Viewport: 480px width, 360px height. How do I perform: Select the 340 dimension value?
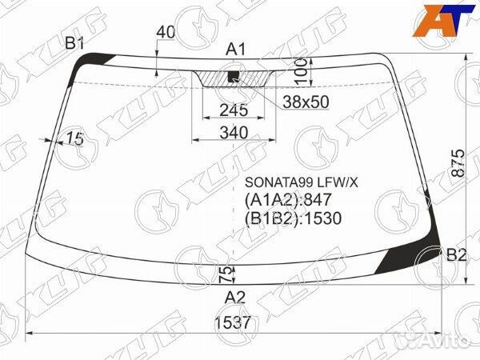tap(234, 133)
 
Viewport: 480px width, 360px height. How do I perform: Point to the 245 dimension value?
tap(234, 110)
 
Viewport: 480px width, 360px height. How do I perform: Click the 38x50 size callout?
tap(305, 102)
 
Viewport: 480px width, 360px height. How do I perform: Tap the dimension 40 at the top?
tap(165, 32)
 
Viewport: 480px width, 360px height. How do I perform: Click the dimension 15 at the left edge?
tap(75, 138)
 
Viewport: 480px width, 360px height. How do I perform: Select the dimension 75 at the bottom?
tap(226, 274)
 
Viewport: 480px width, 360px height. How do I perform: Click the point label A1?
tap(234, 50)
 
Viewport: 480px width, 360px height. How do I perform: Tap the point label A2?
tap(234, 298)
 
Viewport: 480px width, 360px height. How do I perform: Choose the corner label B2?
tap(455, 255)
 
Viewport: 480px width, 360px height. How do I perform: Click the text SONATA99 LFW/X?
tap(300, 182)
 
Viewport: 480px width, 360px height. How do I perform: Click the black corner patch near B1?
tap(99, 59)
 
